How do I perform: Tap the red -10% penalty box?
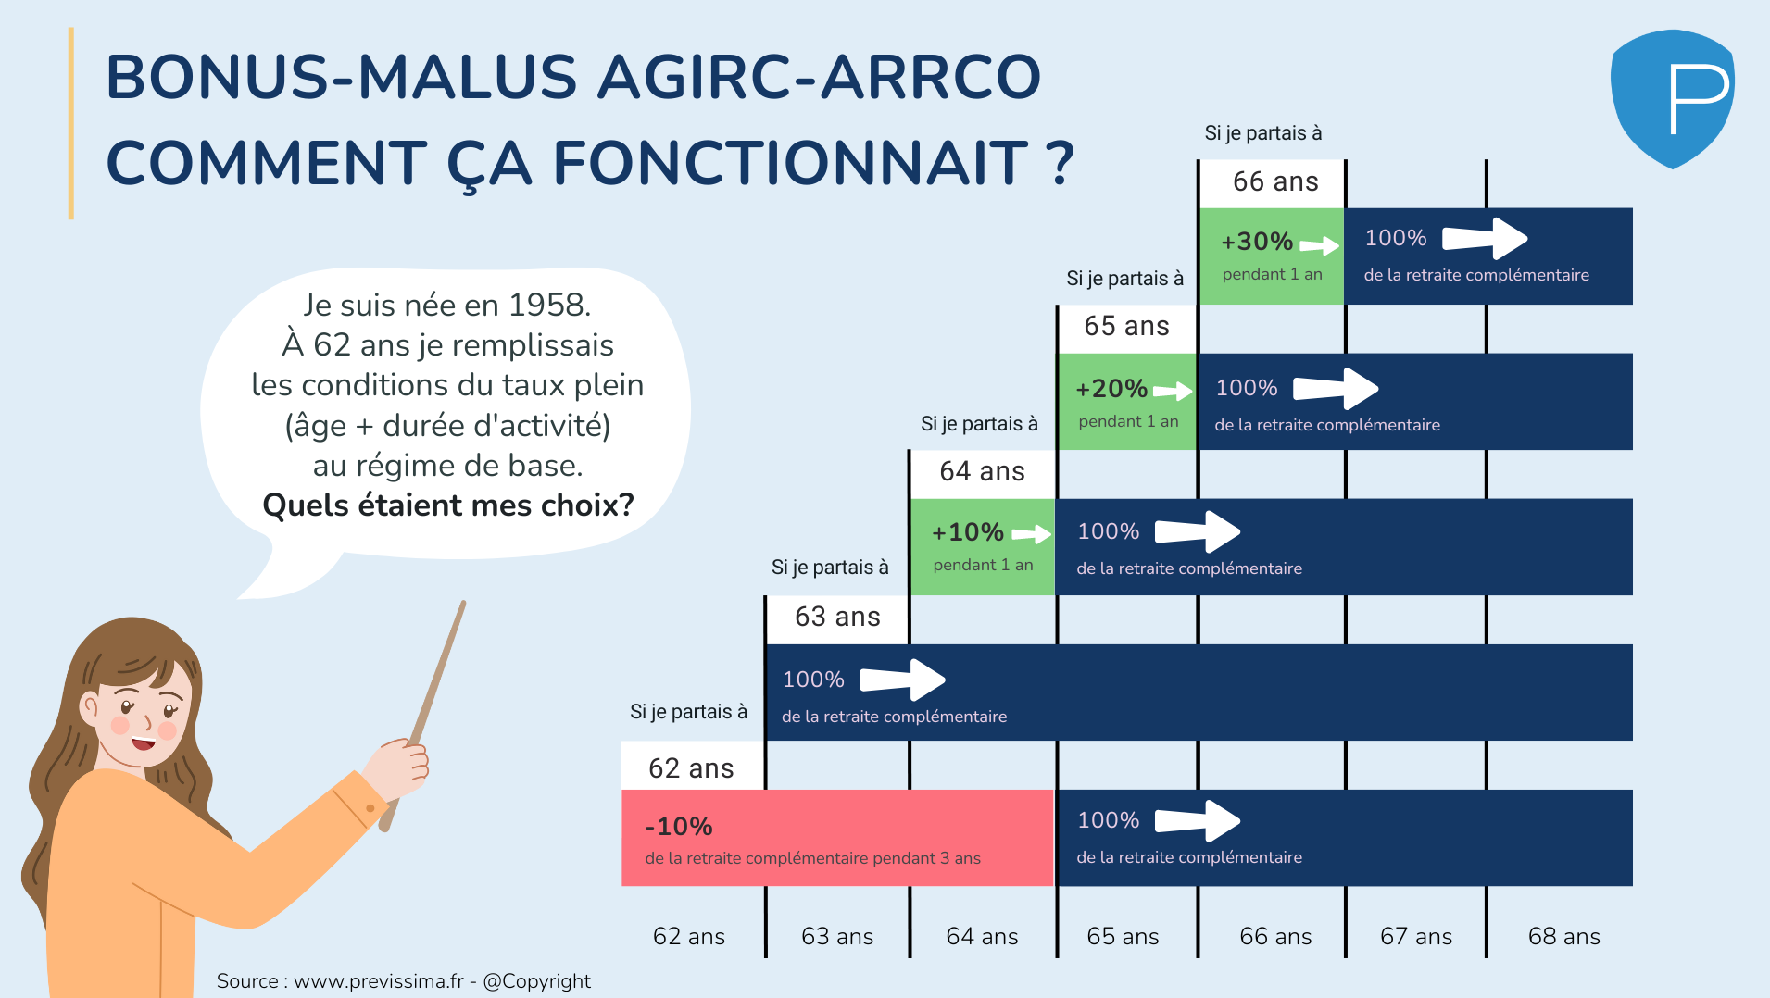click(837, 838)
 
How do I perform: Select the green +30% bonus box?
click(1272, 256)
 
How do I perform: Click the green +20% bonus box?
click(1127, 402)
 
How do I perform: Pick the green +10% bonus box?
click(983, 547)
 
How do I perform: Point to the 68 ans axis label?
click(1563, 937)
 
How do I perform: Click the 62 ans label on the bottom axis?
click(689, 937)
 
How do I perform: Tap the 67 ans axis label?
click(1416, 937)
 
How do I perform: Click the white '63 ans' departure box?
click(837, 618)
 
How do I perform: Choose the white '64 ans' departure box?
click(982, 473)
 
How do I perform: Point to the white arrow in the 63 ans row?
click(903, 680)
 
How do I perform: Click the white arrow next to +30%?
click(1320, 245)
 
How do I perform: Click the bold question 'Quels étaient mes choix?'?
click(448, 505)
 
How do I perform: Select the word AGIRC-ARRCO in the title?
click(820, 77)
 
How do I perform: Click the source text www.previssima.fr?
click(379, 981)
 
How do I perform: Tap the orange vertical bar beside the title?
click(71, 123)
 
